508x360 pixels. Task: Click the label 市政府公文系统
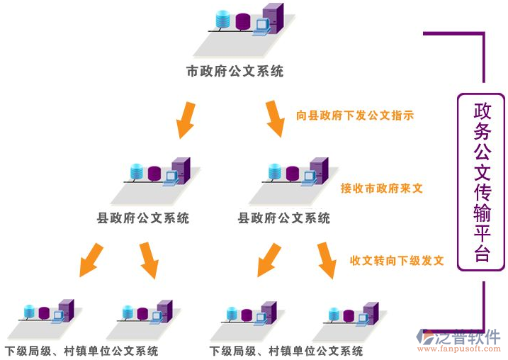click(235, 72)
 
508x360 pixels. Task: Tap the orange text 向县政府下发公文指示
click(355, 115)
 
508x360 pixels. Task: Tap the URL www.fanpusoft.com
click(460, 349)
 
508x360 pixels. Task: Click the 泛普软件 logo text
click(470, 337)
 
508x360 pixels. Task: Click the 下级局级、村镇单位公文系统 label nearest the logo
click(286, 351)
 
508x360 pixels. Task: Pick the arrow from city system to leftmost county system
click(186, 119)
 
